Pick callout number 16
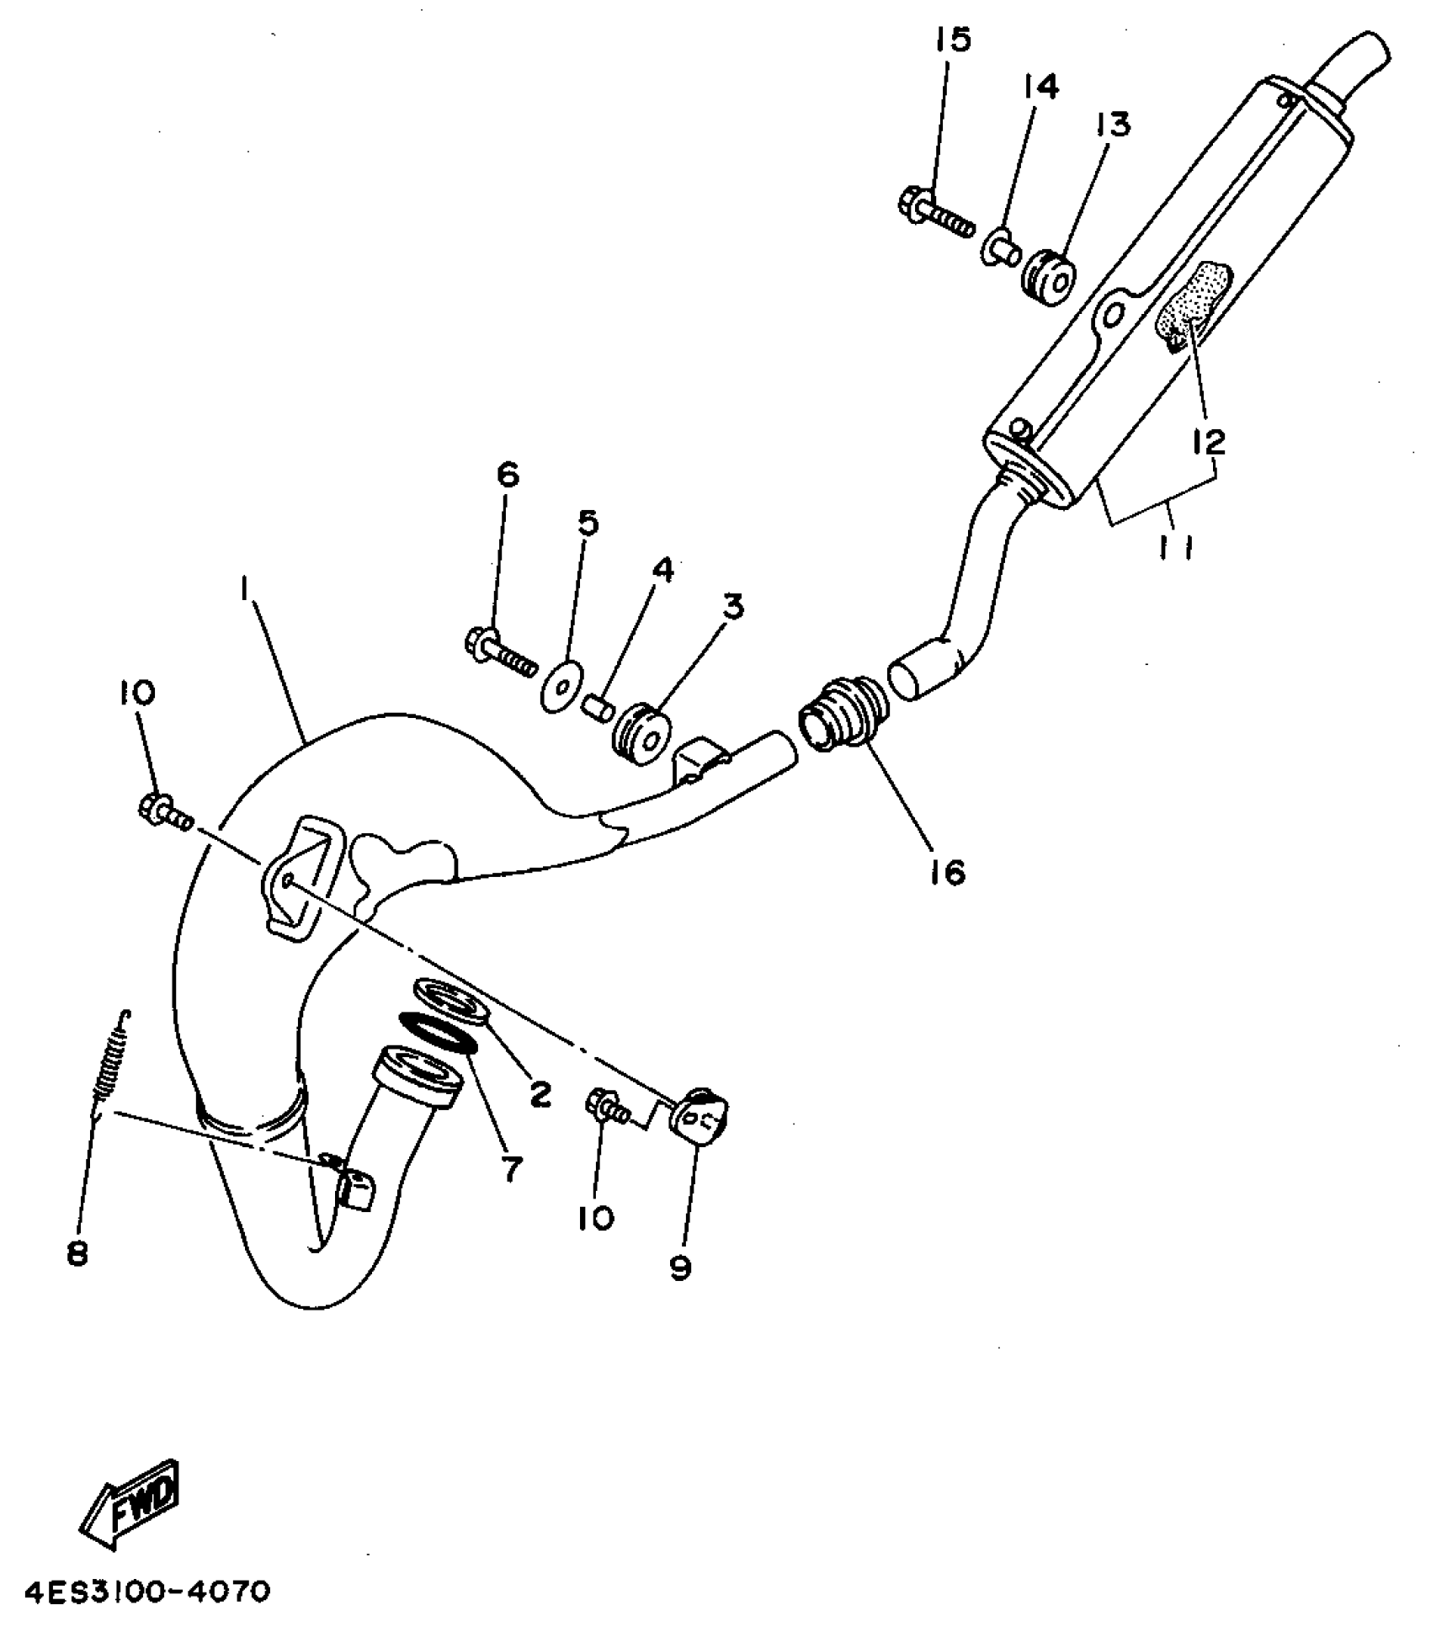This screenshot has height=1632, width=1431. (947, 873)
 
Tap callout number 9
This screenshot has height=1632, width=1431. (680, 1268)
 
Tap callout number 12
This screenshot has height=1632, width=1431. (1207, 440)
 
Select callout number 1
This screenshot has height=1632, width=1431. (242, 591)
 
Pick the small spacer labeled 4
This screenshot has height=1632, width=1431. (598, 701)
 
